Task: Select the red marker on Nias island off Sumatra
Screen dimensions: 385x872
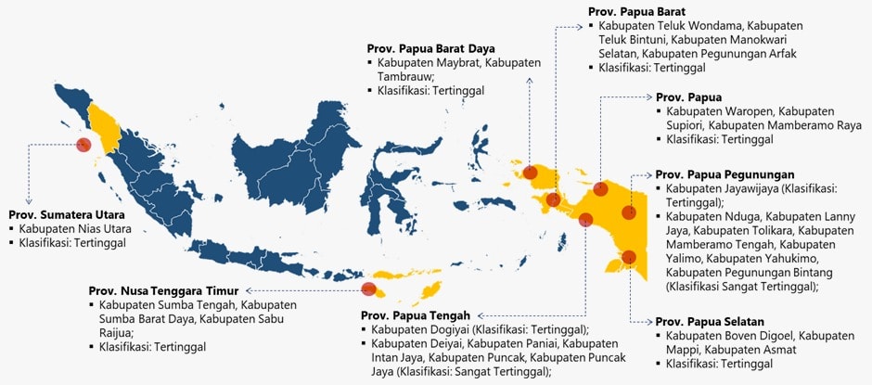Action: [83, 144]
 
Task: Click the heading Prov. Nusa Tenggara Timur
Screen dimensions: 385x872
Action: [164, 290]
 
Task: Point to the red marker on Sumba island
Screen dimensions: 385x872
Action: [368, 289]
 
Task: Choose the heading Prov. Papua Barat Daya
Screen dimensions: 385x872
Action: [431, 48]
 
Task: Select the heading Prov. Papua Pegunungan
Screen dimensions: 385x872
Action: [725, 173]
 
